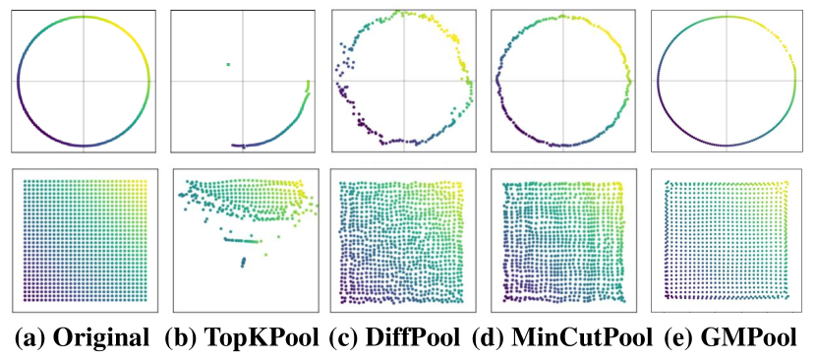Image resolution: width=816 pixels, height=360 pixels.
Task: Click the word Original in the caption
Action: [x=101, y=336]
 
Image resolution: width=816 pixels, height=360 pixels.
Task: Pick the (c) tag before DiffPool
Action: [x=347, y=336]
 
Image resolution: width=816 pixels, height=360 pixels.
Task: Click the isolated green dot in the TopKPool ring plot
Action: [x=228, y=65]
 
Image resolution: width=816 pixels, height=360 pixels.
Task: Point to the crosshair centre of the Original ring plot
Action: [x=83, y=81]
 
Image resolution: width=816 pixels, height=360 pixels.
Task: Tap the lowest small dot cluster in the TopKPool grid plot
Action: [x=243, y=262]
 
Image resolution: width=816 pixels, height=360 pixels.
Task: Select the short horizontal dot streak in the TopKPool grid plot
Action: [x=240, y=239]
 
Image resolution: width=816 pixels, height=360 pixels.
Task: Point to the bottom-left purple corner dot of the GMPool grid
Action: [x=667, y=295]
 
